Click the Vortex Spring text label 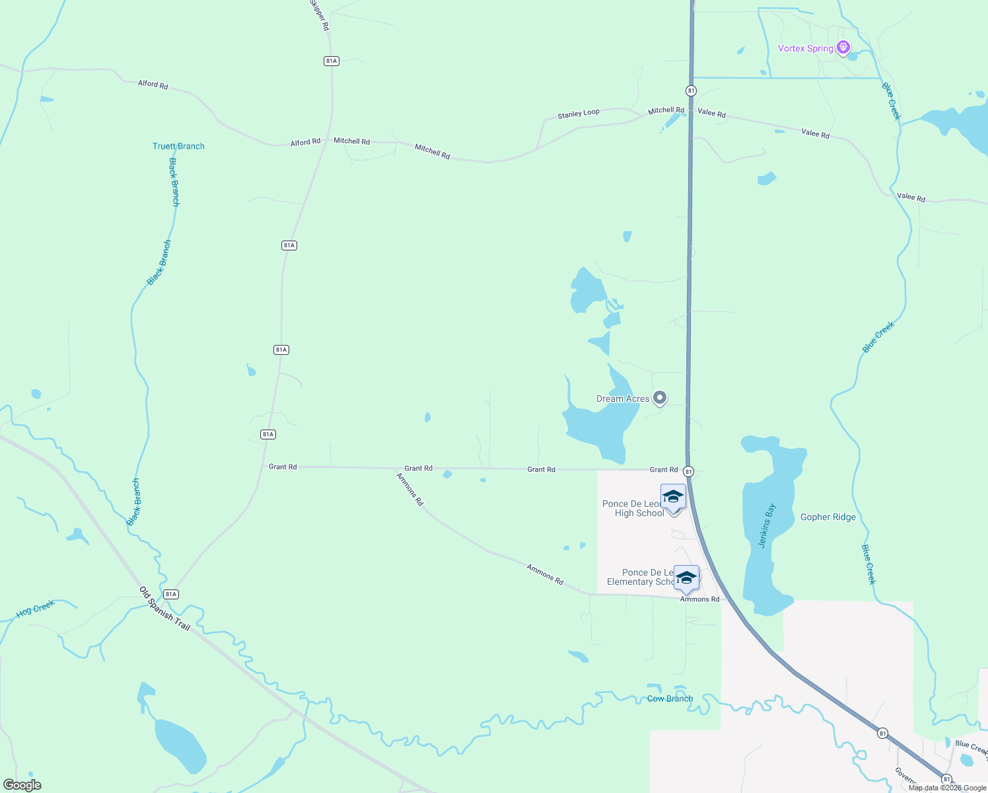[x=805, y=48]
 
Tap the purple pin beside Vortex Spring [x=843, y=48]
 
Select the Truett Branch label [x=178, y=146]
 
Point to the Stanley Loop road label [x=578, y=114]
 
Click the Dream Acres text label [x=622, y=398]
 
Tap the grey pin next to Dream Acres [x=659, y=398]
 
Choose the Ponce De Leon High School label [x=633, y=508]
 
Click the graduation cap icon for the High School [x=673, y=497]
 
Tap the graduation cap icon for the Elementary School [x=686, y=578]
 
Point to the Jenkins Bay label [x=767, y=526]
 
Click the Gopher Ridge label [x=828, y=517]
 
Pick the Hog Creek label [x=36, y=609]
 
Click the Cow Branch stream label [x=670, y=699]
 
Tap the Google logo [x=22, y=785]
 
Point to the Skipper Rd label [x=320, y=15]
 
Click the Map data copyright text [x=947, y=788]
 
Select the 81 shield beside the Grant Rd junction [x=688, y=471]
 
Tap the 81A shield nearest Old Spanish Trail [x=171, y=594]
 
